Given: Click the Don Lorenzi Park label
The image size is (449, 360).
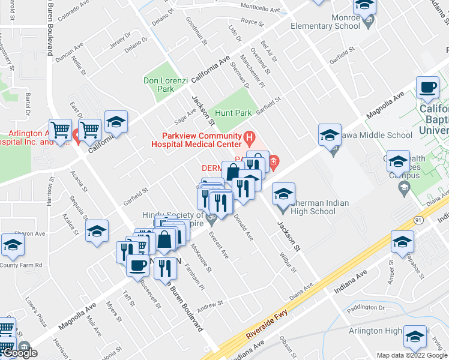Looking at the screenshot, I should pyautogui.click(x=158, y=85).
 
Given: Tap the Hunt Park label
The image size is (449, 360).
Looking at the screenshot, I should pyautogui.click(x=233, y=113).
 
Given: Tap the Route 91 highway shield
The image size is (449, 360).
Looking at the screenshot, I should pyautogui.click(x=419, y=220).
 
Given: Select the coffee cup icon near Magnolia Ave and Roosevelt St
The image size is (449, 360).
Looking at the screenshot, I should pyautogui.click(x=137, y=265).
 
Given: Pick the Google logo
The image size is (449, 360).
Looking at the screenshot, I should pyautogui.click(x=20, y=353).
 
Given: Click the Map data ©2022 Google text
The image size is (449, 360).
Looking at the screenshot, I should pyautogui.click(x=412, y=355).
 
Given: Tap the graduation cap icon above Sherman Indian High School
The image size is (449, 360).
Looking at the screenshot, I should pyautogui.click(x=284, y=194).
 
